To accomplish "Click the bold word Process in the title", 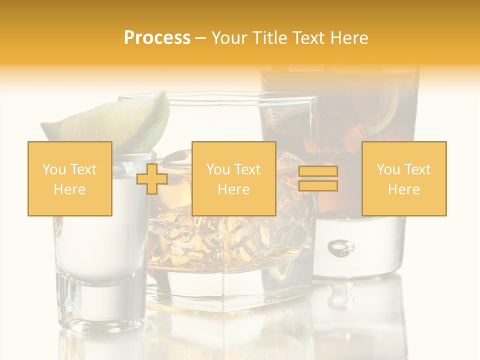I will click(x=157, y=38).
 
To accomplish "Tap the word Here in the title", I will click(x=348, y=38).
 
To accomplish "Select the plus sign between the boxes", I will click(x=152, y=179).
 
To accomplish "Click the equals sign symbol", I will click(x=318, y=179).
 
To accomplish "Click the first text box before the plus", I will click(x=69, y=178).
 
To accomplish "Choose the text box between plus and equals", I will click(x=233, y=178).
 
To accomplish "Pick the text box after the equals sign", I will click(x=403, y=178).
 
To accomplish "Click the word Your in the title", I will click(x=228, y=38).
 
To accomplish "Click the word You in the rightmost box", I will click(x=387, y=169).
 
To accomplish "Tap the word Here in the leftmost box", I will click(x=69, y=189).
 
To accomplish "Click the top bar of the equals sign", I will click(x=318, y=171).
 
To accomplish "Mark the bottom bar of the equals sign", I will click(x=318, y=186).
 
